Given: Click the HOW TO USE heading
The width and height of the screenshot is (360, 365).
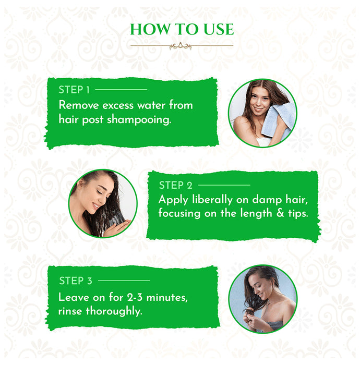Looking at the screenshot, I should [x=182, y=29].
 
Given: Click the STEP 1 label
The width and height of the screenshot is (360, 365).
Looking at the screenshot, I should [x=74, y=90].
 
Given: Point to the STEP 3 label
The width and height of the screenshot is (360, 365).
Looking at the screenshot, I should [x=75, y=281].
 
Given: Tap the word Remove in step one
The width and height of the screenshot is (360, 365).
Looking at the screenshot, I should [x=77, y=105].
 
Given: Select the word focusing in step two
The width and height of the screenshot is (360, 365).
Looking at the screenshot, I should [x=179, y=214].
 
